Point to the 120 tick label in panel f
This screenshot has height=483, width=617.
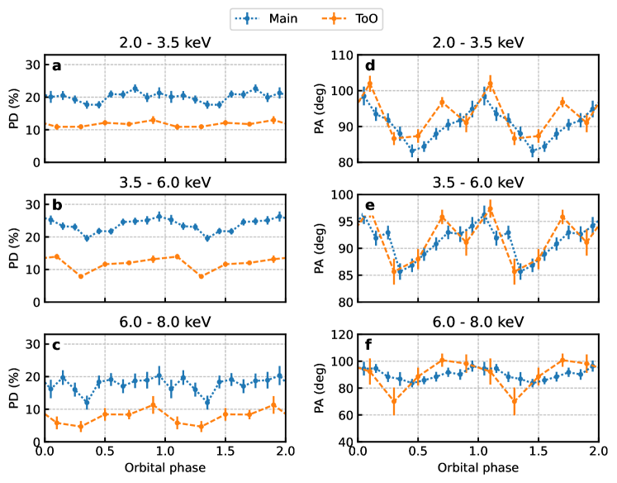pyautogui.click(x=339, y=335)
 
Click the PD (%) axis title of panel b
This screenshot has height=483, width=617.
pyautogui.click(x=12, y=248)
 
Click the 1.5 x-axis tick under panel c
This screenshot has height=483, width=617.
pyautogui.click(x=225, y=453)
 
